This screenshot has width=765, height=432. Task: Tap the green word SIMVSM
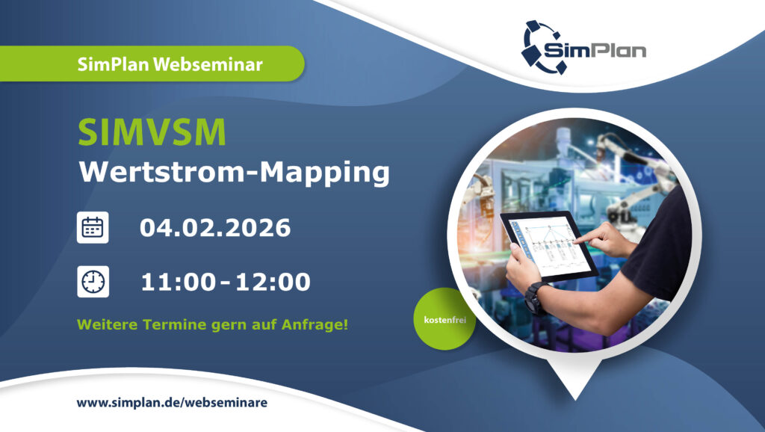[x=152, y=133]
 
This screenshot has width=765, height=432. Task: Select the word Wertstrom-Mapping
[x=235, y=172]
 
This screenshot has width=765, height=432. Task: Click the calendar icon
[x=93, y=227]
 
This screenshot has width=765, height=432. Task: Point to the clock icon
[x=93, y=282]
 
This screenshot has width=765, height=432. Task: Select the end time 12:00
[x=273, y=283]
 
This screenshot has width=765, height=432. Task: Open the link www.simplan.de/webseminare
[x=172, y=403]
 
